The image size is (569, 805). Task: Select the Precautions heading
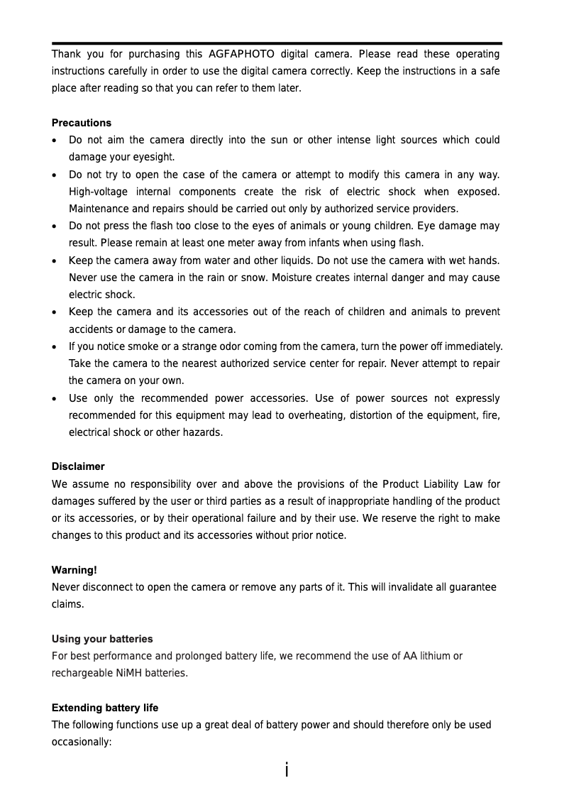pyautogui.click(x=82, y=123)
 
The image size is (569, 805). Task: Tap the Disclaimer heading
pyautogui.click(x=78, y=466)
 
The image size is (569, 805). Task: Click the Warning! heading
pyautogui.click(x=74, y=570)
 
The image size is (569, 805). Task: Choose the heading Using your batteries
pyautogui.click(x=102, y=639)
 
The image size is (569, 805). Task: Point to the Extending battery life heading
pyautogui.click(x=105, y=708)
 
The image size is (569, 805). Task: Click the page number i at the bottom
pyautogui.click(x=286, y=770)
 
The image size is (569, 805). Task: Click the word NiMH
pyautogui.click(x=128, y=673)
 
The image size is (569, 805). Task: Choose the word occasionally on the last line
pyautogui.click(x=82, y=742)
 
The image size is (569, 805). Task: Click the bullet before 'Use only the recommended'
pyautogui.click(x=55, y=399)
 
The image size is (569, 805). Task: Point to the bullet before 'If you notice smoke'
pyautogui.click(x=55, y=347)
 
